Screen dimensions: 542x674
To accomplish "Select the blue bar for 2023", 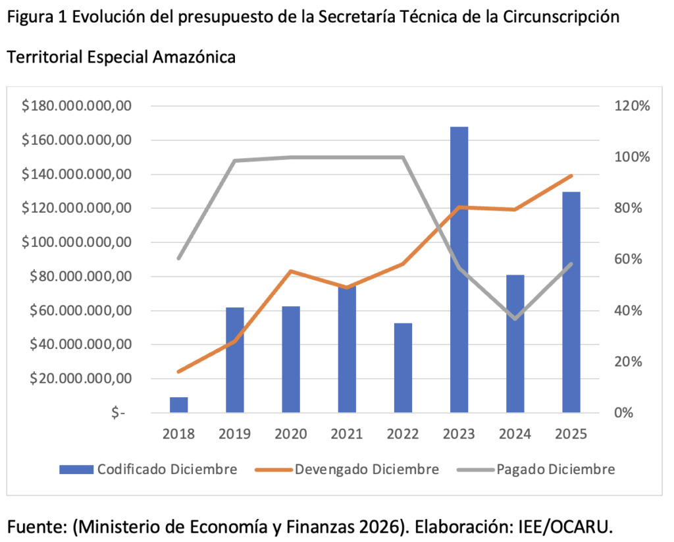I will pos(459,270).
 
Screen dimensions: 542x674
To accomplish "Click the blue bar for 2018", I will pos(178,405).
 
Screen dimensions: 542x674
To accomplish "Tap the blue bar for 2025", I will pos(571,302).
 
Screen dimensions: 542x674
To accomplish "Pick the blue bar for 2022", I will pos(403,368).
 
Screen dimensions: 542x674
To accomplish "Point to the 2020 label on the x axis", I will pos(291,435).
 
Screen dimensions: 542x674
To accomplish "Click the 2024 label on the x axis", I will pos(515,435).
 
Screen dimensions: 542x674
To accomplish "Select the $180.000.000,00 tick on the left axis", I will pos(76,106).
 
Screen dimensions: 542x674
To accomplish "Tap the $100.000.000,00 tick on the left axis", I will pos(76,242).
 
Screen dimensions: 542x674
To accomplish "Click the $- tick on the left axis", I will pos(118,413).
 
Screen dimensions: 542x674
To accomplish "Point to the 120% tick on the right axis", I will pos(633,106).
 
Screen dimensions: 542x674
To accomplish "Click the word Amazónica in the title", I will pos(194,57).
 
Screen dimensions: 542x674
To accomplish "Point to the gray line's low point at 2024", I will pos(515,319).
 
